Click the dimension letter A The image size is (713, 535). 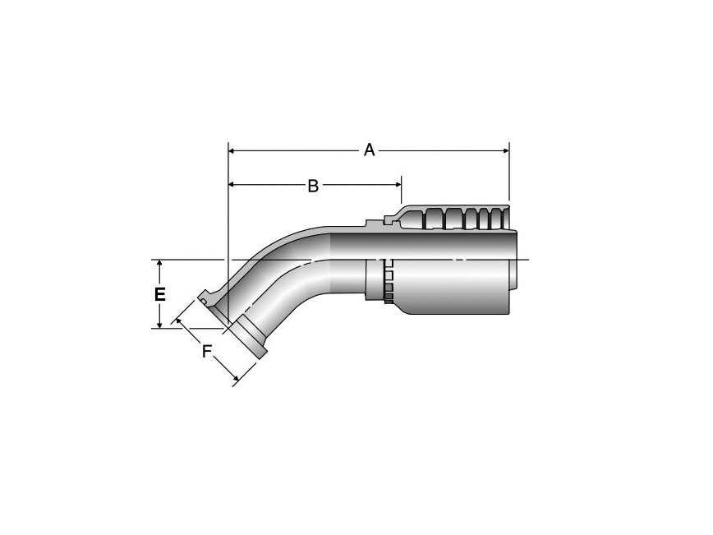click(x=370, y=150)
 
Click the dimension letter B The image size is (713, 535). click(x=313, y=186)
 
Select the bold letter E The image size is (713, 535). click(x=161, y=294)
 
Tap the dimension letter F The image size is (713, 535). click(x=208, y=352)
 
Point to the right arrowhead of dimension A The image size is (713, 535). click(x=504, y=150)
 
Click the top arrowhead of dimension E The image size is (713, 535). click(x=161, y=265)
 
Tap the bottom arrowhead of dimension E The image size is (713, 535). click(x=161, y=323)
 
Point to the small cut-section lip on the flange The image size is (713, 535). click(x=204, y=302)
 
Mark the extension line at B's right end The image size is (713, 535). click(x=401, y=194)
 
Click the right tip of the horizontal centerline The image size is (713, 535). click(x=529, y=260)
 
